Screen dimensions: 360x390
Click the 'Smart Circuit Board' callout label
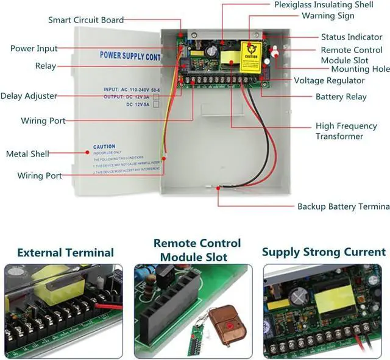pyautogui.click(x=86, y=20)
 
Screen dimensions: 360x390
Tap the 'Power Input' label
pyautogui.click(x=34, y=48)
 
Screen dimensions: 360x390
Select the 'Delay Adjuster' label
pyautogui.click(x=29, y=96)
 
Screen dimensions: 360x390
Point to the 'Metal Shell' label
pyautogui.click(x=27, y=154)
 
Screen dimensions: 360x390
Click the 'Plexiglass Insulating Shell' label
pyautogui.click(x=324, y=5)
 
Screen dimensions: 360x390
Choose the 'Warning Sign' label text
pyautogui.click(x=328, y=15)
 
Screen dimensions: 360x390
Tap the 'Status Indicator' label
pyautogui.click(x=352, y=37)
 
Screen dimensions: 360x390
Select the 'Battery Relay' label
pyautogui.click(x=341, y=96)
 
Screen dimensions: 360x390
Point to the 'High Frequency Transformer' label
pyautogui.click(x=339, y=131)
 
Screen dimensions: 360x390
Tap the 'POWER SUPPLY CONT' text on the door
pyautogui.click(x=129, y=56)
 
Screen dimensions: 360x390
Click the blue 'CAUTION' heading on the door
pyautogui.click(x=104, y=147)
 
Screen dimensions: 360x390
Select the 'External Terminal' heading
pyautogui.click(x=65, y=252)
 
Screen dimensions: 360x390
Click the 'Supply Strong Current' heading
pyautogui.click(x=324, y=252)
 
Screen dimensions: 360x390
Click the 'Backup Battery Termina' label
pyautogui.click(x=343, y=206)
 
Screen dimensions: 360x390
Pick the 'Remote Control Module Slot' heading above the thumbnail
pyautogui.click(x=197, y=250)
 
